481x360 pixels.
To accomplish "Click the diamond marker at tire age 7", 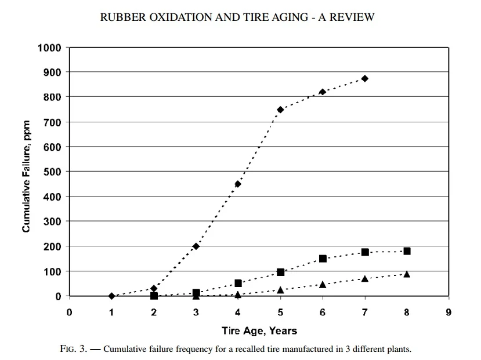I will [x=365, y=78].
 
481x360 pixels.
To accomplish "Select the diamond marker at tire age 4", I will [x=238, y=184].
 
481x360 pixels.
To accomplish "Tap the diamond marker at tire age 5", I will [x=280, y=110].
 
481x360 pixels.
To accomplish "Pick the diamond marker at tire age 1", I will [x=111, y=296].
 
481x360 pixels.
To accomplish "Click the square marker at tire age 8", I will [x=407, y=251].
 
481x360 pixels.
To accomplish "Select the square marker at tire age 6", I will [x=323, y=259].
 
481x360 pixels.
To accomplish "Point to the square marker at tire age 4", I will [x=238, y=283].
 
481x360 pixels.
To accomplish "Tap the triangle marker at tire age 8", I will [x=407, y=274].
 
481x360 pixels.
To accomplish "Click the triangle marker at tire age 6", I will [x=323, y=284].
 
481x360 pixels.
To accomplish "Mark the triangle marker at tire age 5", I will [x=280, y=289].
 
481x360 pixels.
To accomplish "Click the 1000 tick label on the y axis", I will [x=50, y=47].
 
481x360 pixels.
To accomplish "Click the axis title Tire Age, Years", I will [x=259, y=331].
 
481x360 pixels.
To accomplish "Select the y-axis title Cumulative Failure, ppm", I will [x=26, y=172].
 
